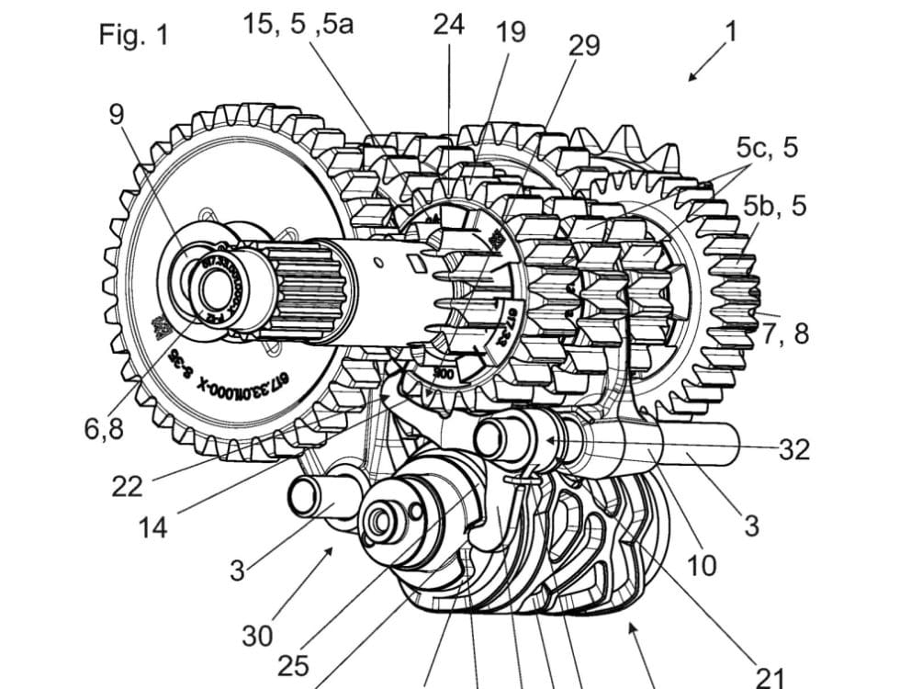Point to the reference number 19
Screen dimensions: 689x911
tap(511, 32)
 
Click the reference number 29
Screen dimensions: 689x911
tap(584, 46)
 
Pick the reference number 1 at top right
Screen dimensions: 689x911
tap(730, 31)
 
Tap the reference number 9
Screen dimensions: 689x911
tap(118, 114)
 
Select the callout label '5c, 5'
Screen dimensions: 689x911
tap(768, 147)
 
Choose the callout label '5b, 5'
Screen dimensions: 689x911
tap(775, 206)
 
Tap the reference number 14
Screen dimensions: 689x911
tap(154, 527)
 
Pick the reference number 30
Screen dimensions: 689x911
tap(258, 635)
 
